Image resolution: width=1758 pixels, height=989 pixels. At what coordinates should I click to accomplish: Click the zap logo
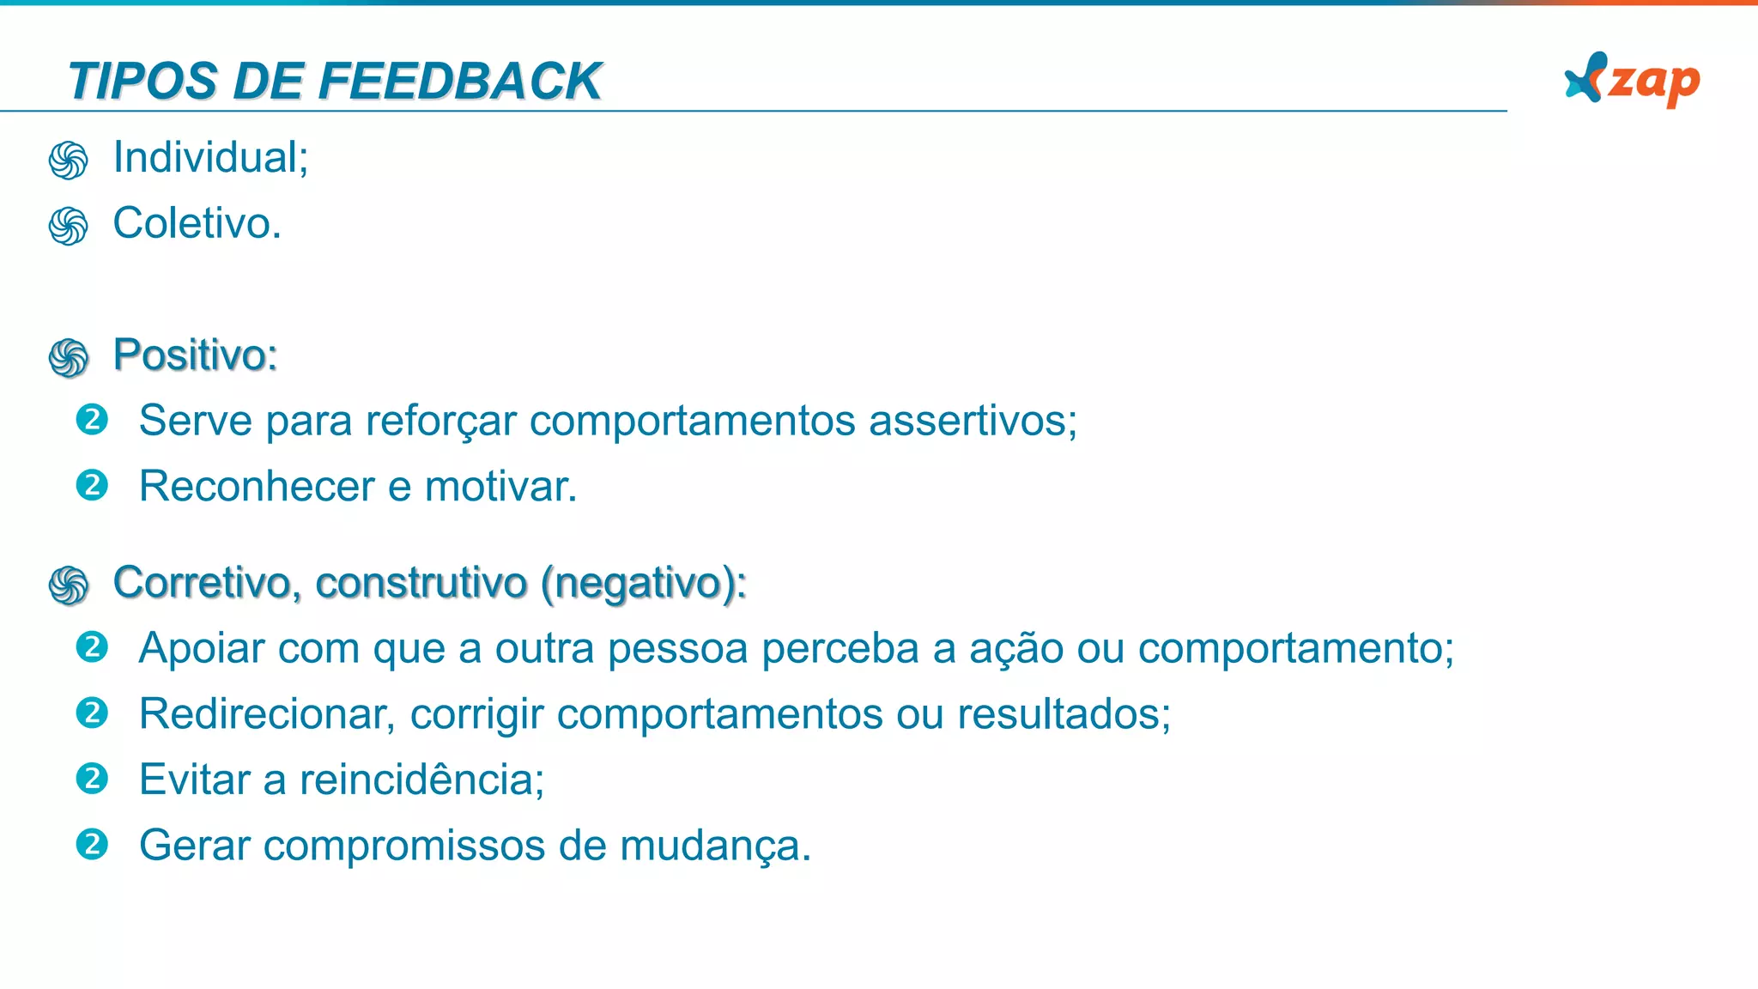[1632, 80]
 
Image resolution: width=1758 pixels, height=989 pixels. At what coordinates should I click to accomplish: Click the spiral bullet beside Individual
[69, 161]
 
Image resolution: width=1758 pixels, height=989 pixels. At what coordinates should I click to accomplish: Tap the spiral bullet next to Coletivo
[69, 226]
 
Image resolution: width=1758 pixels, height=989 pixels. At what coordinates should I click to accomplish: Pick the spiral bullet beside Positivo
[69, 358]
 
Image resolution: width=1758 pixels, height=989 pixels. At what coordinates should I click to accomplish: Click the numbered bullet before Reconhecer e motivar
[92, 486]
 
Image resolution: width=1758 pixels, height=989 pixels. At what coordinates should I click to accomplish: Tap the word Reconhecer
[257, 487]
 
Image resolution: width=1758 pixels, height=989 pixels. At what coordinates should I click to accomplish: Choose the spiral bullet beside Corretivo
[69, 586]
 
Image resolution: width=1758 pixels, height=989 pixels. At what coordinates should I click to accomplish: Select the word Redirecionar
[266, 714]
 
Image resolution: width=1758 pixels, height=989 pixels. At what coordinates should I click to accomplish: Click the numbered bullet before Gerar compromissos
[92, 845]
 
